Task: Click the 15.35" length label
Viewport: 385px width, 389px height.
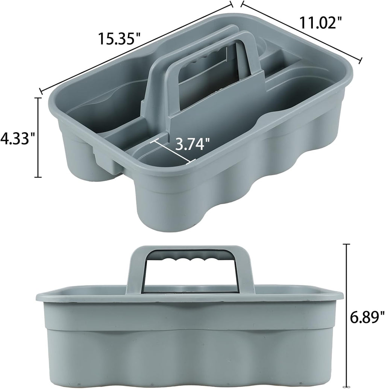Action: click(x=120, y=38)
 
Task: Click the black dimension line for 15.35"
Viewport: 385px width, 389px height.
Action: click(x=135, y=47)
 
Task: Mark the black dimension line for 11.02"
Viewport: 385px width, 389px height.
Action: click(x=301, y=32)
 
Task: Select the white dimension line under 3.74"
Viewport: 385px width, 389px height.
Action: click(x=173, y=152)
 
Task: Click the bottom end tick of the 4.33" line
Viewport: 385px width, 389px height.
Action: click(x=38, y=177)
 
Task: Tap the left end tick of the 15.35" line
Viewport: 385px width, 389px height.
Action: click(x=40, y=90)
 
